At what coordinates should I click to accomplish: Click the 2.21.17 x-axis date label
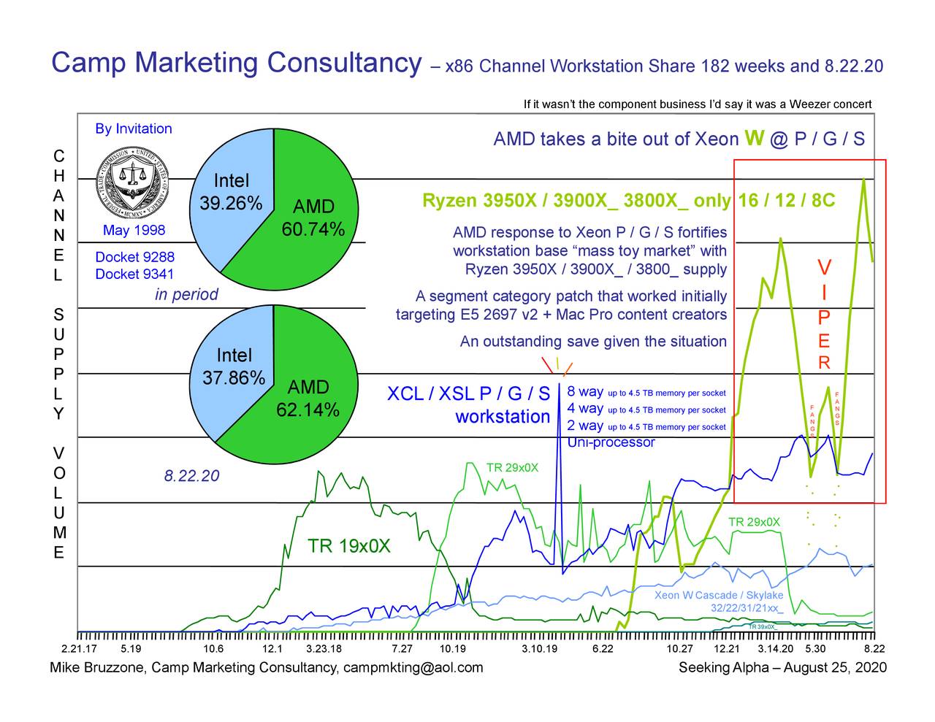coord(79,649)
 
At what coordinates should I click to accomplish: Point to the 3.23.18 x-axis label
coord(324,649)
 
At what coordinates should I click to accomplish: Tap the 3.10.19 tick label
coord(540,649)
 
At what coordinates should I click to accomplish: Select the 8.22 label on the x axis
coord(874,649)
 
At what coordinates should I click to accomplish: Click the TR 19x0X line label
coord(349,546)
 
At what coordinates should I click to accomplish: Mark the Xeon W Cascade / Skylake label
coord(719,595)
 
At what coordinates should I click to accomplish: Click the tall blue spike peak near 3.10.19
coord(559,385)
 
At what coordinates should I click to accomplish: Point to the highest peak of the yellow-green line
coord(864,179)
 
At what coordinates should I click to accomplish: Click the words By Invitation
coord(134,128)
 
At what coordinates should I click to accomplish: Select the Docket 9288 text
coord(135,257)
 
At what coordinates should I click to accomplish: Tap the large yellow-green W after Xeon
coord(755,137)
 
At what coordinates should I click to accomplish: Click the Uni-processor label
coord(611,442)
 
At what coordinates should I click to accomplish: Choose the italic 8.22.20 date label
coord(191,476)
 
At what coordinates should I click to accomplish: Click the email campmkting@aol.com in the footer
coord(413,667)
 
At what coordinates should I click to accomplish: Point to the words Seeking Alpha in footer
coord(723,667)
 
